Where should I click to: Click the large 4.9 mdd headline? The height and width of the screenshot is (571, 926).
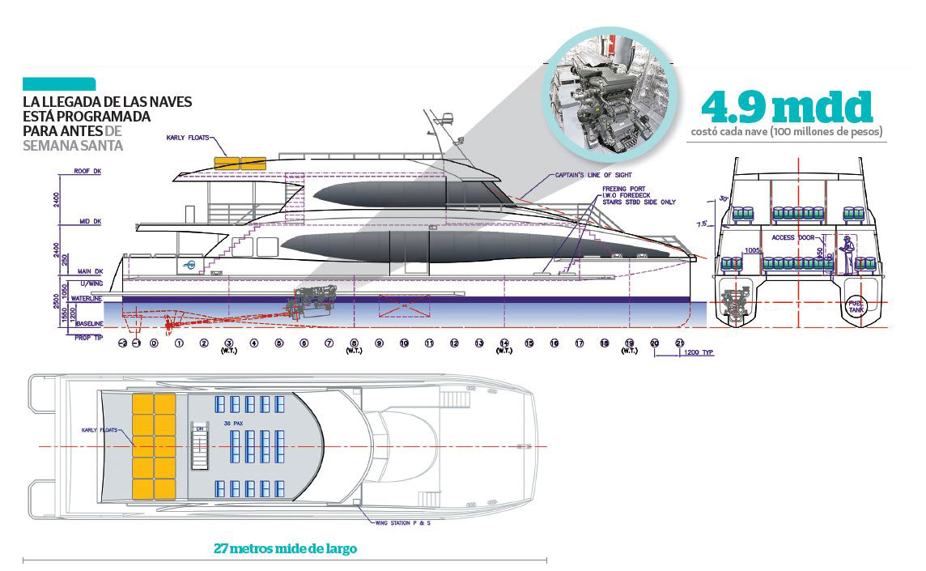click(x=787, y=107)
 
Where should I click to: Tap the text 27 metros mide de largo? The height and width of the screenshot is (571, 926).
click(x=285, y=548)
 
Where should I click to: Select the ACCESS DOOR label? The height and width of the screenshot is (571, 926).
click(x=794, y=237)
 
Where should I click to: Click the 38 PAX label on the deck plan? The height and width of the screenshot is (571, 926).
click(x=231, y=424)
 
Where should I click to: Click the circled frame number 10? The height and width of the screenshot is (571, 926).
click(x=404, y=343)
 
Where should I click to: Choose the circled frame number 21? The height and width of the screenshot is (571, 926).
click(x=679, y=343)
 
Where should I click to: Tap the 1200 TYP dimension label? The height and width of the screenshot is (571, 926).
click(x=698, y=354)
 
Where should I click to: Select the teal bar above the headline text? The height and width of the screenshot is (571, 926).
click(x=59, y=83)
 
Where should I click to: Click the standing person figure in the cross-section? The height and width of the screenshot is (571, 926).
click(x=848, y=254)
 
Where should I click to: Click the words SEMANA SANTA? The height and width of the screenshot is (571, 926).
click(x=73, y=146)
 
